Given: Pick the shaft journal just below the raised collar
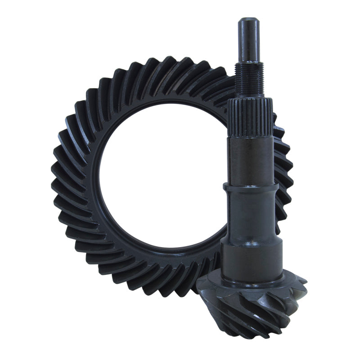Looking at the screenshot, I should (253, 211).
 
